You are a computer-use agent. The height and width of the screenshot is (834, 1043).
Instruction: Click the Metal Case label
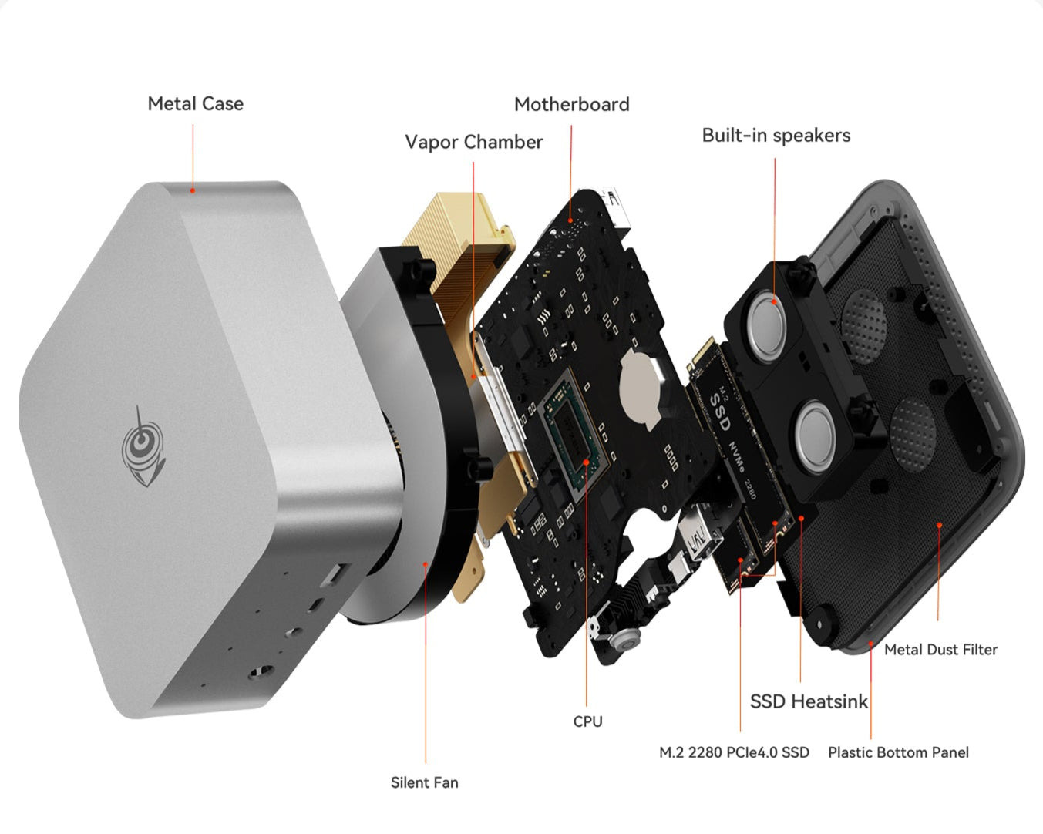pos(195,104)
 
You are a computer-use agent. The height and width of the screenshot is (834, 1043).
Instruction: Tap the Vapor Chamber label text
pos(473,142)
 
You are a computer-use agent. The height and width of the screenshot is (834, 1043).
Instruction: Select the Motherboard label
pos(572,104)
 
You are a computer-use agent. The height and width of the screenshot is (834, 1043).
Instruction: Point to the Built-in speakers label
pos(776,135)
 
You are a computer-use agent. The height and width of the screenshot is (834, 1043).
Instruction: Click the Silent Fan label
pos(424,782)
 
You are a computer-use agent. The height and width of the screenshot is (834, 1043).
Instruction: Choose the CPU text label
pos(587,721)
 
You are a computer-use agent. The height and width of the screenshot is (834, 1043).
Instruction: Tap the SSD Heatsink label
pos(809,701)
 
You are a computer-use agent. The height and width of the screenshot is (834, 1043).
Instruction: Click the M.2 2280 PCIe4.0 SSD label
pos(734,752)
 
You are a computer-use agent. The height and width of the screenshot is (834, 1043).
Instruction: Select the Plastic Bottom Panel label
pos(898,752)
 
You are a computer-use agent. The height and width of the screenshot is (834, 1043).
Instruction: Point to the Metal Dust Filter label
pos(940,649)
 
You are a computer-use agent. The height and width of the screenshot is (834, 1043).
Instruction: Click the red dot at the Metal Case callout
pos(193,191)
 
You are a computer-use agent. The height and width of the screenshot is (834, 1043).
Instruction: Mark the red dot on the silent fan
pos(425,564)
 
